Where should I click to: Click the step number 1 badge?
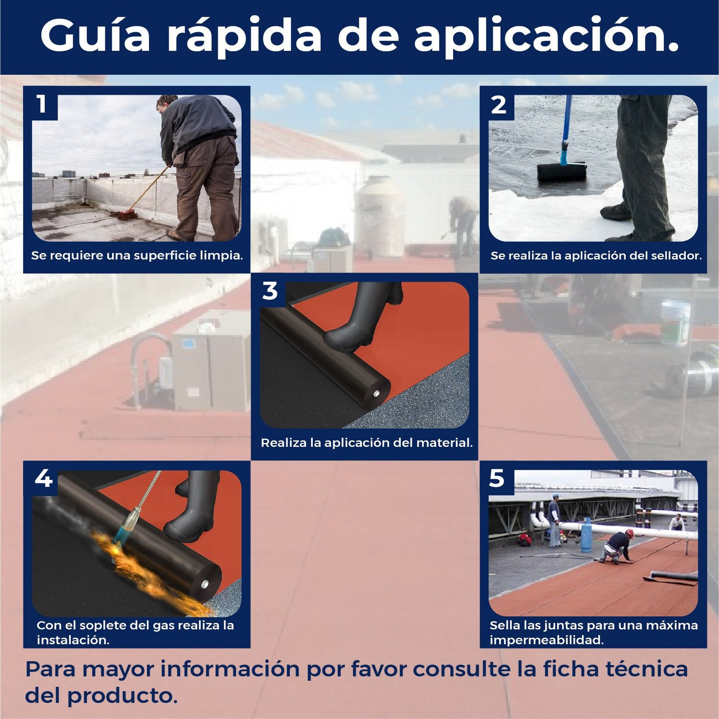[42, 104]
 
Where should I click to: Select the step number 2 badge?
[498, 105]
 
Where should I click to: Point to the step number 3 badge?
[270, 291]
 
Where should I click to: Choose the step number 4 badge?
[43, 478]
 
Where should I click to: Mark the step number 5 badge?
[497, 478]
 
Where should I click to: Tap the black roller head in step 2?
[561, 172]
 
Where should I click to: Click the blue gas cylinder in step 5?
[585, 533]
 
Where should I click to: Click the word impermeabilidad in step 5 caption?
[546, 640]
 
